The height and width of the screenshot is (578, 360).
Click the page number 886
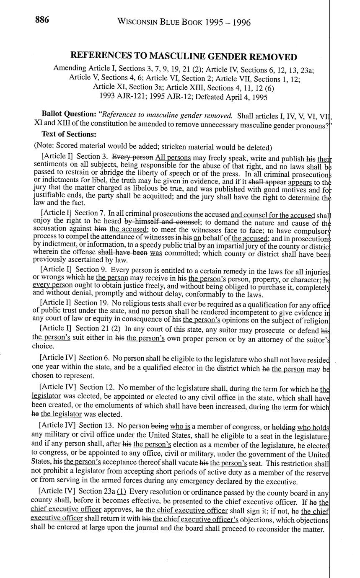click(42, 20)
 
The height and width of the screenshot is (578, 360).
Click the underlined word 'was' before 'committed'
click(156, 253)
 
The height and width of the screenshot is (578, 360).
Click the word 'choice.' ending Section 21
click(43, 346)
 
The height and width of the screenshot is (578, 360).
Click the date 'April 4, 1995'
click(248, 97)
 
